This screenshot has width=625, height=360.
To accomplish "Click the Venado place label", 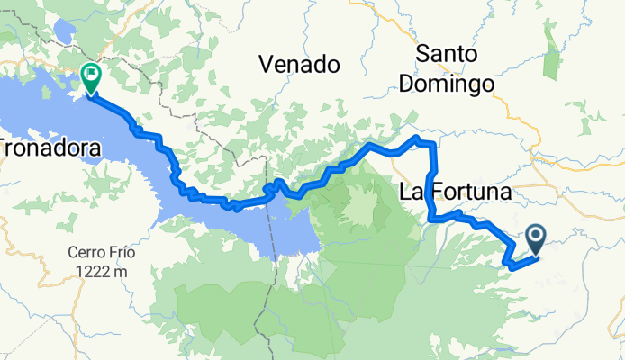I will pyautogui.click(x=299, y=64).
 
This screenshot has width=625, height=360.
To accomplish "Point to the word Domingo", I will pyautogui.click(x=455, y=84).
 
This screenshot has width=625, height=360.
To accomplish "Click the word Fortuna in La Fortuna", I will pyautogui.click(x=468, y=192).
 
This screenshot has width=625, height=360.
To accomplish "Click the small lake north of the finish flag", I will pyautogui.click(x=65, y=32).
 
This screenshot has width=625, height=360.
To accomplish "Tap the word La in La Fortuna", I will pyautogui.click(x=412, y=192).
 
